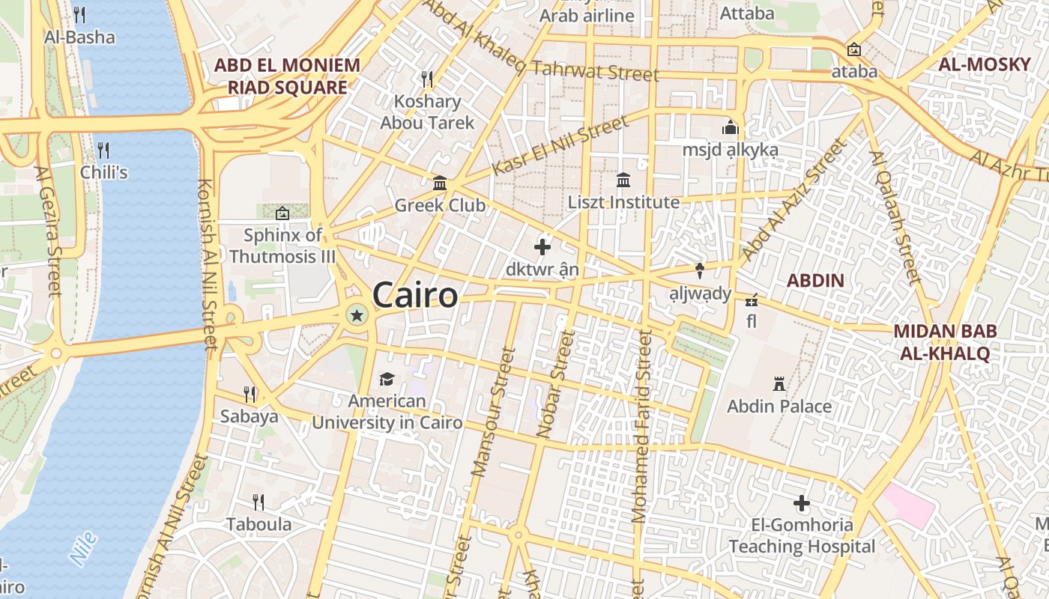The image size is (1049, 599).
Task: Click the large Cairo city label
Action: pyautogui.click(x=414, y=295)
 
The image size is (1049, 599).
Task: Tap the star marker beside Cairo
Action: pyautogui.click(x=357, y=316)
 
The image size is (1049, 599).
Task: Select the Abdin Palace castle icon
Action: pyautogui.click(x=779, y=384)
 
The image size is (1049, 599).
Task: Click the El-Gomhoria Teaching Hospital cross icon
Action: pyautogui.click(x=802, y=503)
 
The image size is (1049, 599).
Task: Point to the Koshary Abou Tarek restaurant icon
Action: pyautogui.click(x=427, y=79)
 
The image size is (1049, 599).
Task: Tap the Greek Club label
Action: pyautogui.click(x=440, y=205)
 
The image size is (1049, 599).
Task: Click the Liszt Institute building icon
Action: pyautogui.click(x=623, y=180)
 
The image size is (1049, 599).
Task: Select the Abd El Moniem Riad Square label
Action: pyautogui.click(x=288, y=76)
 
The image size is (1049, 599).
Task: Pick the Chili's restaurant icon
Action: pyautogui.click(x=103, y=150)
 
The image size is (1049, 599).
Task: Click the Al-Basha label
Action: pyautogui.click(x=79, y=37)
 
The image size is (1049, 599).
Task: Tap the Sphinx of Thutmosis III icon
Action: pyautogui.click(x=282, y=213)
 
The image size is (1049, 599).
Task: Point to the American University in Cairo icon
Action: pyautogui.click(x=387, y=380)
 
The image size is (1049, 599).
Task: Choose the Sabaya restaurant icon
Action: pyautogui.click(x=250, y=394)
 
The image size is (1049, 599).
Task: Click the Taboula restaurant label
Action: pyautogui.click(x=259, y=524)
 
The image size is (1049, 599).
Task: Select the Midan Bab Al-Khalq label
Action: pyautogui.click(x=942, y=342)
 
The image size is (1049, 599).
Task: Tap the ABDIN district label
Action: pyautogui.click(x=815, y=281)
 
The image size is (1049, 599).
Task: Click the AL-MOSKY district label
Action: pyautogui.click(x=985, y=64)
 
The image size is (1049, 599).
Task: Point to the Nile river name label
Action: pyautogui.click(x=82, y=548)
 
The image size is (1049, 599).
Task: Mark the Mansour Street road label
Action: pyautogui.click(x=490, y=413)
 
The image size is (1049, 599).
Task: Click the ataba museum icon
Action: pyautogui.click(x=853, y=50)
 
